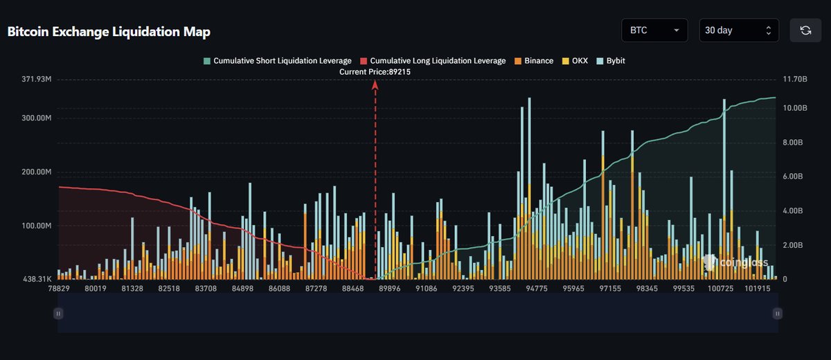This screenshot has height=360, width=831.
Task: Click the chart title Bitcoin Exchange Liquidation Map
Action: click(109, 32)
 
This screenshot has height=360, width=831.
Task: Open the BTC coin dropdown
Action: click(654, 30)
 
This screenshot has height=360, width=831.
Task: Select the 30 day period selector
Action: click(738, 30)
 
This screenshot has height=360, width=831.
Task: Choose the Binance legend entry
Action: click(533, 61)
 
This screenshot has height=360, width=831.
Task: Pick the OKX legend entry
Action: click(576, 61)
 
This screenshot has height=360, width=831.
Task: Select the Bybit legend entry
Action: click(611, 61)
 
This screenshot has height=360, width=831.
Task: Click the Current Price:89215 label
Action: click(375, 72)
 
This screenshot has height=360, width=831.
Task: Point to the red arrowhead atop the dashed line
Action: click(375, 84)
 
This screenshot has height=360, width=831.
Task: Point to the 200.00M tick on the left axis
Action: click(37, 172)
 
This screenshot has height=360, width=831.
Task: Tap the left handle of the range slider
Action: click(58, 314)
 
